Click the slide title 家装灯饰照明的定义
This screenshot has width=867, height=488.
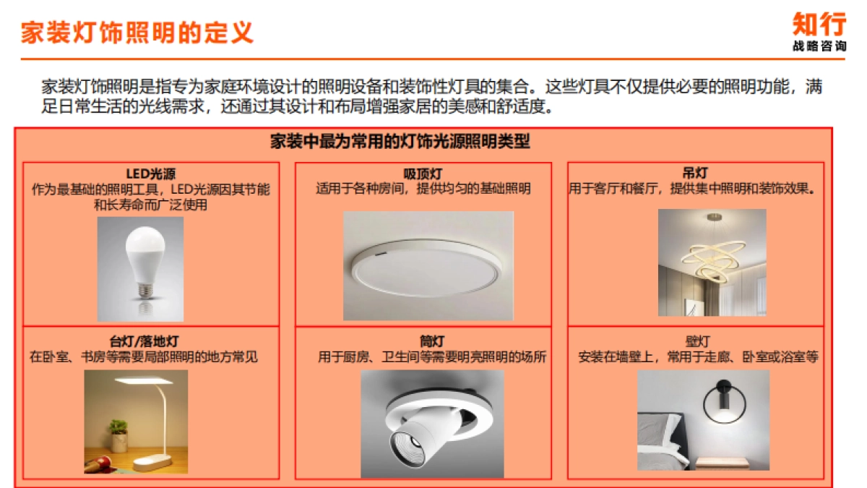tap(137, 33)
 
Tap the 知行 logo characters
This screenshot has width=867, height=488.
tap(819, 24)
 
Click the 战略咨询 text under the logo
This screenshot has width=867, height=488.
tap(819, 46)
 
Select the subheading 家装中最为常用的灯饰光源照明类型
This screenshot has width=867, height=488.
tap(400, 142)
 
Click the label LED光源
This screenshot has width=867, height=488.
tap(151, 174)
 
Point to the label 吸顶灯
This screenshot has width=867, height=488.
tap(423, 174)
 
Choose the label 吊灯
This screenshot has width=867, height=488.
tap(695, 174)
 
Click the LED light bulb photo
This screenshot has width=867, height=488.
tap(140, 268)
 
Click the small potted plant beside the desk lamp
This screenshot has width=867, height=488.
tap(119, 437)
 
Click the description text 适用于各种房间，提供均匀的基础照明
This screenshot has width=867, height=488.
tap(423, 189)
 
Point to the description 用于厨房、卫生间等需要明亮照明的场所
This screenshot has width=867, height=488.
tap(432, 357)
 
